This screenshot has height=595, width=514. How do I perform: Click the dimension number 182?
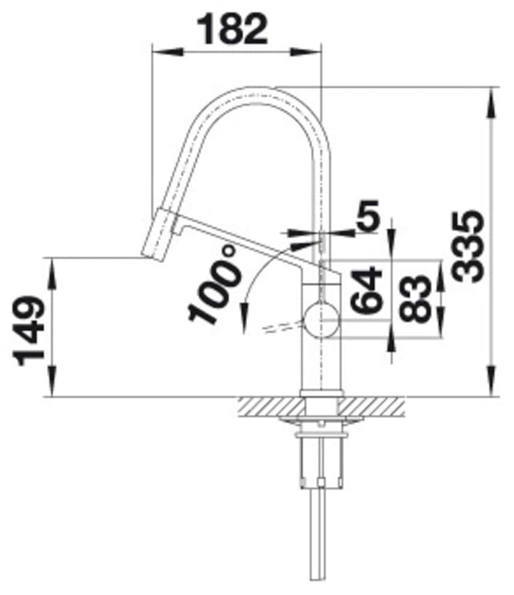point(232,29)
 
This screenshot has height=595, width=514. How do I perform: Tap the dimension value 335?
point(468,246)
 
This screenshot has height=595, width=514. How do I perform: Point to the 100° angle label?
point(215,284)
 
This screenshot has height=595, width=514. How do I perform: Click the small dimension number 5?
point(368,215)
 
